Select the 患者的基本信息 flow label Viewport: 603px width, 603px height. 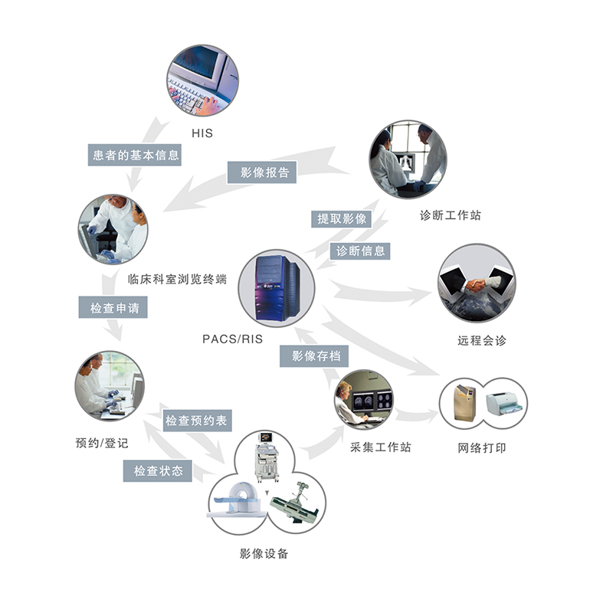[x=132, y=155]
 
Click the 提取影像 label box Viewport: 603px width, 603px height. [x=342, y=218]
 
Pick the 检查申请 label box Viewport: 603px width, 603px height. [x=113, y=308]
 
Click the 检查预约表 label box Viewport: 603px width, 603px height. [x=196, y=421]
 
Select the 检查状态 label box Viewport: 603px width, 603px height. [x=159, y=471]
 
